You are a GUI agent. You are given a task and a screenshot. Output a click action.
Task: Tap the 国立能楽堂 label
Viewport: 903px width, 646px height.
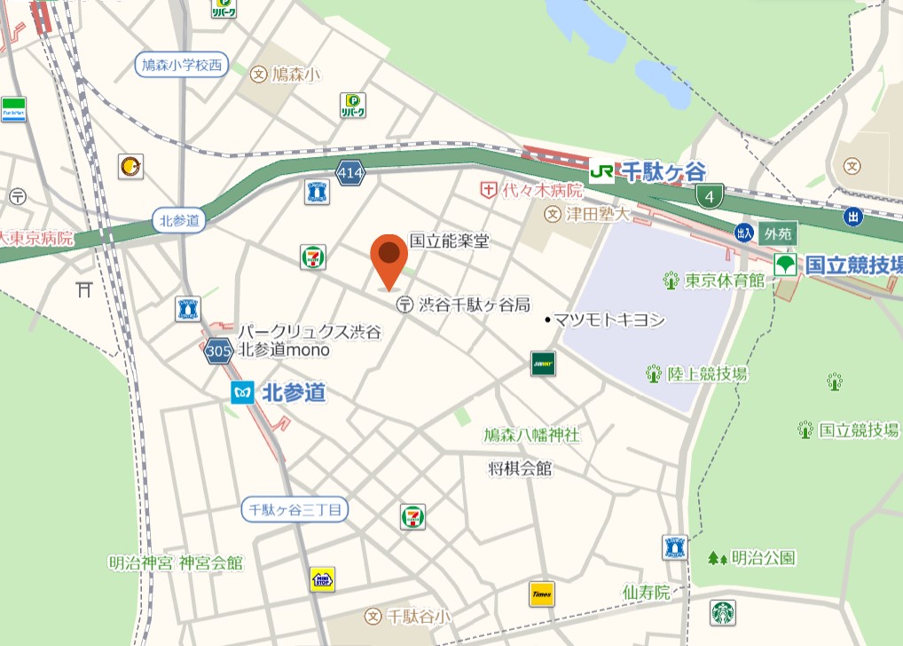coord(449,240)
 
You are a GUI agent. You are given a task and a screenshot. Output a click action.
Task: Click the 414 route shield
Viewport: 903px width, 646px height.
coord(350,173)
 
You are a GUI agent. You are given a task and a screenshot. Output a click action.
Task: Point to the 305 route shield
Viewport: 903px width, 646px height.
coord(218,352)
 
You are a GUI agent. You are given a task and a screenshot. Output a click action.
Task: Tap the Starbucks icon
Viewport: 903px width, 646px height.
coord(722,613)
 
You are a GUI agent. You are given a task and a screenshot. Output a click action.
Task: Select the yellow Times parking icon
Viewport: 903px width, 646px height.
coord(541,594)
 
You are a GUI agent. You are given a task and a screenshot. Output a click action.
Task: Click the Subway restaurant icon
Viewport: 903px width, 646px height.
coord(544,364)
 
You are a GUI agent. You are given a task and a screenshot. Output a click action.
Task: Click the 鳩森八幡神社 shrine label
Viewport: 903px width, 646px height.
coord(531,435)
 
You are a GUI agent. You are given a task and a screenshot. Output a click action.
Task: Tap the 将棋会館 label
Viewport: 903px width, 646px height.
coord(520,469)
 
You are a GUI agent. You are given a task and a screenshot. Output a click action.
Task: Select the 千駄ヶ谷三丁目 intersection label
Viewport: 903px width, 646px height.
coord(296,509)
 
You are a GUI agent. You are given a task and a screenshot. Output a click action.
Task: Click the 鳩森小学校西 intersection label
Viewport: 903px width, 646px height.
coord(182,65)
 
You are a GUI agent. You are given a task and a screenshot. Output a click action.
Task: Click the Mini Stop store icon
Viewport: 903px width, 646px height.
coord(322,579)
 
